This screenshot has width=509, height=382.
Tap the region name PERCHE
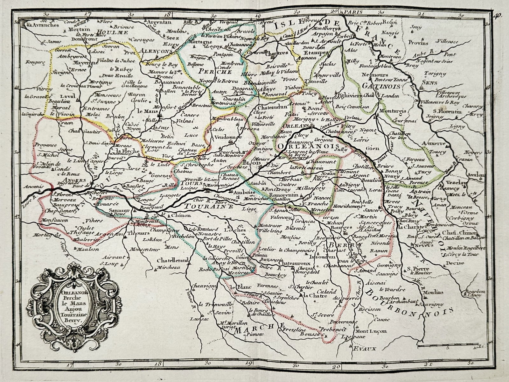[x=209, y=72]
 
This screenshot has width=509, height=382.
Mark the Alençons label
[x=156, y=51]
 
